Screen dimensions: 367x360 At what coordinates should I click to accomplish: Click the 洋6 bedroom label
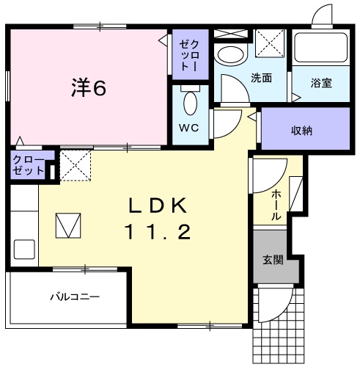(89, 88)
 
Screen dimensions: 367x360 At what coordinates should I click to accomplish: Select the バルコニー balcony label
(74, 297)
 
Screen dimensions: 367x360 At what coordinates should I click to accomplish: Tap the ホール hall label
(275, 205)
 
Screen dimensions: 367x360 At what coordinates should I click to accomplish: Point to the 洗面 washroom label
(262, 77)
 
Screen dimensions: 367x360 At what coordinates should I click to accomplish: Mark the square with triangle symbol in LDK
(70, 225)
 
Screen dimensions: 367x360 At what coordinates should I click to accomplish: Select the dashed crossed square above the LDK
(74, 165)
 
